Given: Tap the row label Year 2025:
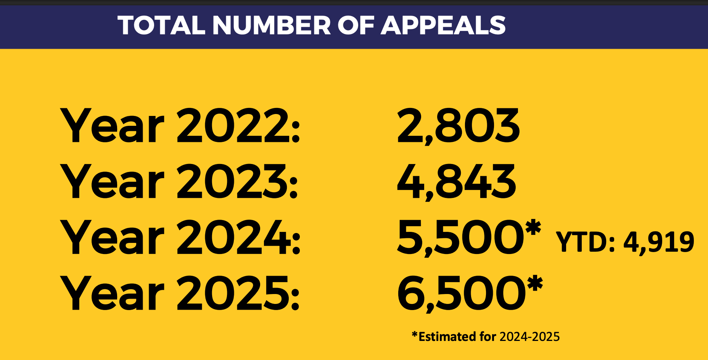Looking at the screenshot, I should [179, 293].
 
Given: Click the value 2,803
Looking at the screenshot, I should [458, 126].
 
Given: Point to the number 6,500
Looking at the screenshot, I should [460, 293].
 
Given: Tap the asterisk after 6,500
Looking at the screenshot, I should [534, 283].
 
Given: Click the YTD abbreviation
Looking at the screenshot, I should [582, 242].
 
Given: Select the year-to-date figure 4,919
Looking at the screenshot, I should [659, 243].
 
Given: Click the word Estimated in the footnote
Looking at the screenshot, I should [447, 337].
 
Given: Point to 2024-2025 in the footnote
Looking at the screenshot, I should [529, 337].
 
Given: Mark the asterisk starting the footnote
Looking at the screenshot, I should [415, 335].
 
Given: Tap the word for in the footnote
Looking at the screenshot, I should [488, 337].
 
